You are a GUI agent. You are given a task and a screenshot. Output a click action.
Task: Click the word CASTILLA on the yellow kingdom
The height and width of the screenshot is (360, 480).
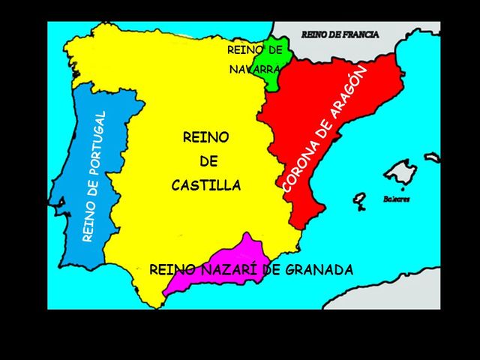coord(206,185)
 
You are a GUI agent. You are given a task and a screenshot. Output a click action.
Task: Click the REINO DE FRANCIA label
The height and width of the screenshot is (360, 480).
coord(340,34)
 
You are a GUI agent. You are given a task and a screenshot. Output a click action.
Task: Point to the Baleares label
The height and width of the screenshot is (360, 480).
coord(397,199)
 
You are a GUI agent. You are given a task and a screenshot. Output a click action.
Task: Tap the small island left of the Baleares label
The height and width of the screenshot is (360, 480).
coord(360,200)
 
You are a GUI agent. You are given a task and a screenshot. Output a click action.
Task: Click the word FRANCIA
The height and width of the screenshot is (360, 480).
coord(361,34)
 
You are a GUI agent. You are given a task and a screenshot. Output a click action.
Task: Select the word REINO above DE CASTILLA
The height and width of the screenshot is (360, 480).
coord(205,137)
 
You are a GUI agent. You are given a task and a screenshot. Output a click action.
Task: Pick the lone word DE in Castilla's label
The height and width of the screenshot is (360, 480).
coord(208,161)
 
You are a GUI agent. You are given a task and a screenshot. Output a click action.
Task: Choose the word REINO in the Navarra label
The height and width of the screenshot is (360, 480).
coord(245,50)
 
